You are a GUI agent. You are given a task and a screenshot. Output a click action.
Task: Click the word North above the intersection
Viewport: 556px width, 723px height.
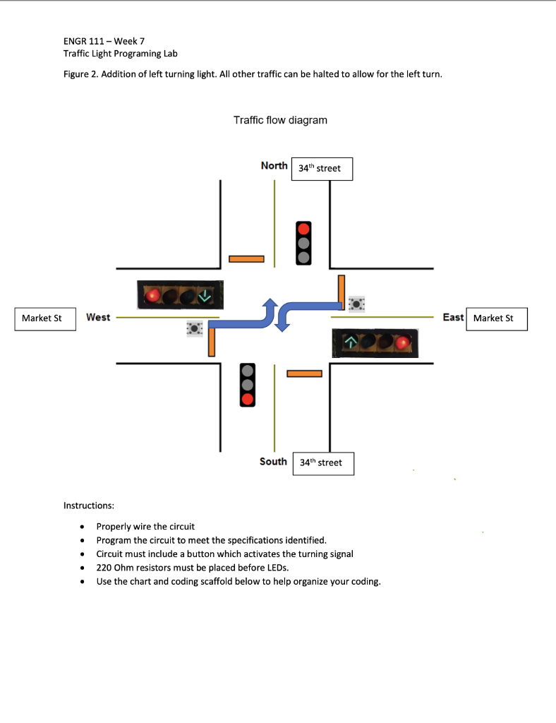tap(274, 165)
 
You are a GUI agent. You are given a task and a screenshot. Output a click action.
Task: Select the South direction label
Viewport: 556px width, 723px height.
tap(273, 461)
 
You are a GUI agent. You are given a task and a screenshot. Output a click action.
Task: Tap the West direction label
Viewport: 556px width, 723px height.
tap(98, 317)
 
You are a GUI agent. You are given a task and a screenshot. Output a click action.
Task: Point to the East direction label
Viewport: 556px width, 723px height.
tap(453, 317)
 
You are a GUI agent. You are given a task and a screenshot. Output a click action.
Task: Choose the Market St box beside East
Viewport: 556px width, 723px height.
tap(497, 318)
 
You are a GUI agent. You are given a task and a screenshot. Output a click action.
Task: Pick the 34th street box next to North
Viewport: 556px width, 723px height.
tap(322, 169)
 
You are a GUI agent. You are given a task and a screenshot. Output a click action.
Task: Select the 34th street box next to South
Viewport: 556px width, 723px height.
tap(322, 463)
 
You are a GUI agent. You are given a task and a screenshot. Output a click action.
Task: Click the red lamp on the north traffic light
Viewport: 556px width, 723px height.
tap(303, 229)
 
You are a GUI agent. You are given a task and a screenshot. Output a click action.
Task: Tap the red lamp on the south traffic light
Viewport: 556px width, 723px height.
tap(247, 400)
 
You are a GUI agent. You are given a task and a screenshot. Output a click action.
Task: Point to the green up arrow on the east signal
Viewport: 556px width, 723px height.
tap(351, 343)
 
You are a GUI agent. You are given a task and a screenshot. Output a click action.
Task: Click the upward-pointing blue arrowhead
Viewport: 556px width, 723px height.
tap(269, 304)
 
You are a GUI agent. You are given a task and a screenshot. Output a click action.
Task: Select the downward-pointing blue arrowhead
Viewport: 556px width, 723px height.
tap(282, 324)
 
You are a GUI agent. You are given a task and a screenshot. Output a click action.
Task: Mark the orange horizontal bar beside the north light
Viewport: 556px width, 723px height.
tap(246, 259)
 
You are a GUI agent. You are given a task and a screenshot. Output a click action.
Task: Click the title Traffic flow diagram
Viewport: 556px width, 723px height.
tap(280, 120)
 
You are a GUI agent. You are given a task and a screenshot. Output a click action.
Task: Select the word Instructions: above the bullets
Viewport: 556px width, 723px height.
tap(89, 506)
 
